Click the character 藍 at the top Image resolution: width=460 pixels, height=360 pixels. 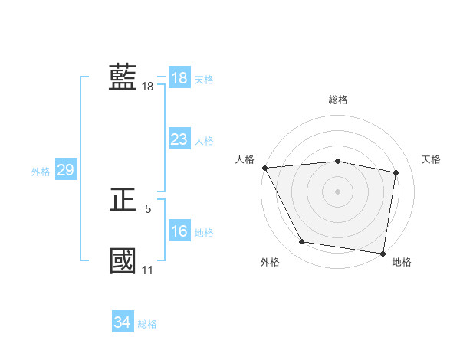coord(123,77)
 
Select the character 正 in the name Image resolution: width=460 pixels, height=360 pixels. coord(123,200)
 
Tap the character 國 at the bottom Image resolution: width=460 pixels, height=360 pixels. coord(123,260)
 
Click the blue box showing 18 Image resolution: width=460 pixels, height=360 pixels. coord(179,78)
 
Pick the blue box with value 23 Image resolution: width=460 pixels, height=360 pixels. coord(179,139)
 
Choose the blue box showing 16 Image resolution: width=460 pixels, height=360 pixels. coord(179,232)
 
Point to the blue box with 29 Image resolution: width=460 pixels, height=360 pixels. coord(65,170)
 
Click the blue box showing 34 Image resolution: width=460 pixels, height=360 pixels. coord(122,323)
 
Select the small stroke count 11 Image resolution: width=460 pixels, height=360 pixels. coord(147,270)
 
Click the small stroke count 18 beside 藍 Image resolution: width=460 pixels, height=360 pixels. coord(147,87)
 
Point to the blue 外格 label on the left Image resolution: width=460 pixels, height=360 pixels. coord(41,172)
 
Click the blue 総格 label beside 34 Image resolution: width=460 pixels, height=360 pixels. coord(147,324)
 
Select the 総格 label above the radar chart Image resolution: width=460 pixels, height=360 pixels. coord(338,100)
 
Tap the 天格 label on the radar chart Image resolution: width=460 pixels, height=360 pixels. coord(431,159)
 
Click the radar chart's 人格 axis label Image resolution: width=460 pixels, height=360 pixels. coord(245,159)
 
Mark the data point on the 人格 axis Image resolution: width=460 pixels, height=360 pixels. coord(264,168)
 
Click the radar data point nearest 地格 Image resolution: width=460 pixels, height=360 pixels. coord(383,253)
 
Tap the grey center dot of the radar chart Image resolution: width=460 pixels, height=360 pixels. coord(338,191)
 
